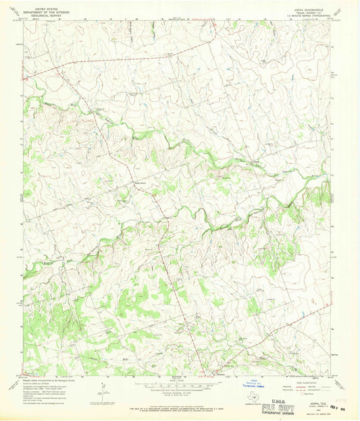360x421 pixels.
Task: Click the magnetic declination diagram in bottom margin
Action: coord(102,391)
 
